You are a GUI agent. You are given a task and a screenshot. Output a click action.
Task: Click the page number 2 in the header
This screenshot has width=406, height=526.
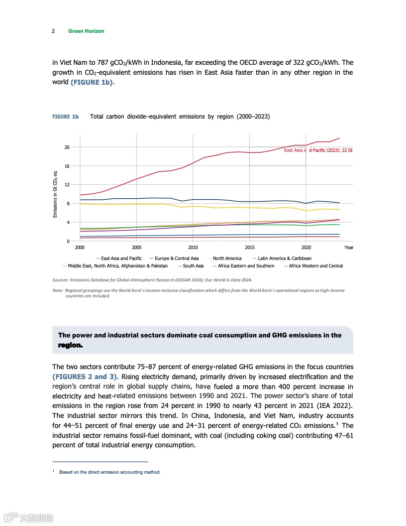point(53,31)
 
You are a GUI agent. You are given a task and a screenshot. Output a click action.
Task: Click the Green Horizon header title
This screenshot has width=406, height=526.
point(86,31)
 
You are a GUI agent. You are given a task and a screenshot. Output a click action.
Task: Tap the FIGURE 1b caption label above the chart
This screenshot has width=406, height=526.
point(66,117)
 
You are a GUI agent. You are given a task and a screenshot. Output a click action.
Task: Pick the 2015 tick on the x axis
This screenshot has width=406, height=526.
point(250,247)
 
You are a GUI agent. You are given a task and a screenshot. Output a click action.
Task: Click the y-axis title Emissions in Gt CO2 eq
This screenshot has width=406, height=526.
point(56,194)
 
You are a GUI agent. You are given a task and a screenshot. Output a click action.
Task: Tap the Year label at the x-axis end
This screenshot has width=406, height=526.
point(349,247)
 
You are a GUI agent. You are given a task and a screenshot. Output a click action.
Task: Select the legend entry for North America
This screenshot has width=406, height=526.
point(227,259)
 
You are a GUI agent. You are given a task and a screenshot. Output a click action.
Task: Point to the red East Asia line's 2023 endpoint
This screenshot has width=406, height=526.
point(339,138)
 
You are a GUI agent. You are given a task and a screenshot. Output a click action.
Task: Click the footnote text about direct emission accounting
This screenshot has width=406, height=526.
point(109,472)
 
